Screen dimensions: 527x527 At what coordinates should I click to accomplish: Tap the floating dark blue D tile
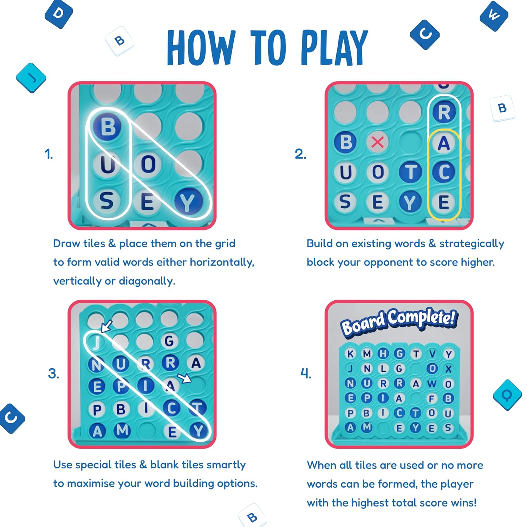(59, 14)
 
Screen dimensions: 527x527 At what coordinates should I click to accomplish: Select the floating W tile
(494, 16)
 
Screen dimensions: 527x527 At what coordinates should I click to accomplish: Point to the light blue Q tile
(507, 395)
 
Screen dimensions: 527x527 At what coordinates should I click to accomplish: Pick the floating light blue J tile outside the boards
(31, 78)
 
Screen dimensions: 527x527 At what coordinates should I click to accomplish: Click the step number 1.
(48, 154)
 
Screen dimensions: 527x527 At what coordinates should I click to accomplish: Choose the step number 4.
(306, 373)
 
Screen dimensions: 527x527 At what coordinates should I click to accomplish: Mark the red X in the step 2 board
(378, 142)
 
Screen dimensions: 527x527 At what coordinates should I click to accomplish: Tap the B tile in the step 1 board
(108, 126)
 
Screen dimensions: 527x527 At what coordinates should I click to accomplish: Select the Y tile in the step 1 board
(188, 202)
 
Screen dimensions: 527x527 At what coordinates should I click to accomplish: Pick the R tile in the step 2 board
(444, 112)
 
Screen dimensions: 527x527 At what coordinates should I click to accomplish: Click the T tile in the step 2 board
(410, 172)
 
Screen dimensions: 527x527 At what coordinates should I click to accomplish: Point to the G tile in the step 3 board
(169, 341)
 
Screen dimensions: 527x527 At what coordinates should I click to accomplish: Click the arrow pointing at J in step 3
(106, 326)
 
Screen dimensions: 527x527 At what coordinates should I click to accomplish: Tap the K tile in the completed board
(350, 354)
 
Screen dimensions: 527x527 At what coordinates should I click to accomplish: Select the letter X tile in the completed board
(448, 369)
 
